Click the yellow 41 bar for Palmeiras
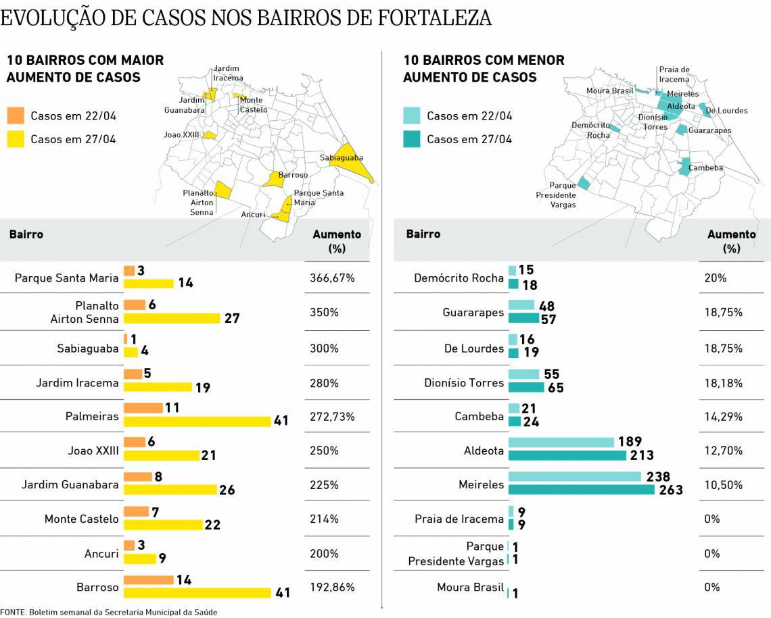[x=197, y=421]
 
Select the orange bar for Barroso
[x=149, y=580]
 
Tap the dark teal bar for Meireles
[x=581, y=490]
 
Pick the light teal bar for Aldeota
[x=561, y=442]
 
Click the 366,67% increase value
[x=333, y=278]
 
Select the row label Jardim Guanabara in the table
[x=70, y=484]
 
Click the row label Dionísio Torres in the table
[x=464, y=383]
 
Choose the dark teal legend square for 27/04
[x=412, y=139]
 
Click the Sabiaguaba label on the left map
[x=341, y=158]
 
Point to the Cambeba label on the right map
[x=705, y=168]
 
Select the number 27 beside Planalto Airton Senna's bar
[x=231, y=318]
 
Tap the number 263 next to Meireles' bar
[x=670, y=490]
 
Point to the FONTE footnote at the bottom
[x=109, y=612]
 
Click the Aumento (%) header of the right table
[x=731, y=241]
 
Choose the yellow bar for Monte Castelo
[x=163, y=525]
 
